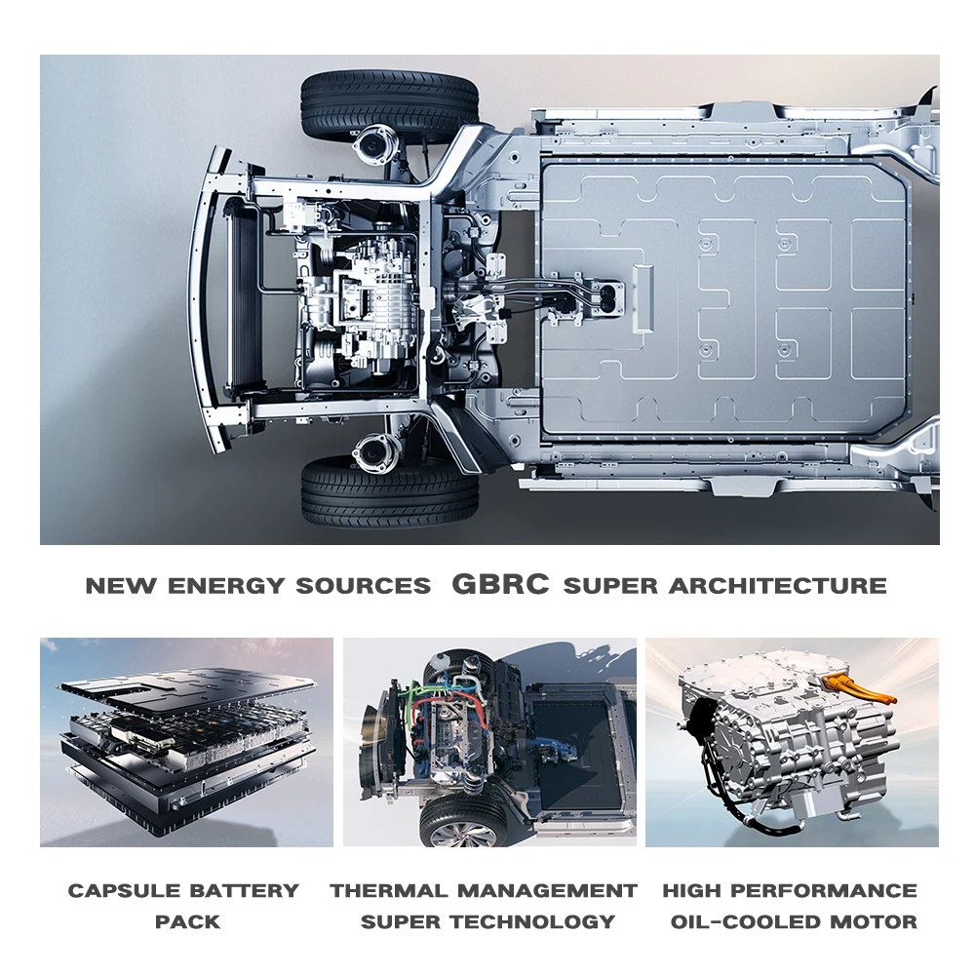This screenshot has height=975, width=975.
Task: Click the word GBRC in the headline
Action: click(501, 585)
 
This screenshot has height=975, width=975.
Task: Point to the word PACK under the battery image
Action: click(187, 921)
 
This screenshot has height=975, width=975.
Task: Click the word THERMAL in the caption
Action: click(389, 890)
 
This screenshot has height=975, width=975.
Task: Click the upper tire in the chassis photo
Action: click(389, 102)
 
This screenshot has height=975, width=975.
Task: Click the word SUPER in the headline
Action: click(611, 586)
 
